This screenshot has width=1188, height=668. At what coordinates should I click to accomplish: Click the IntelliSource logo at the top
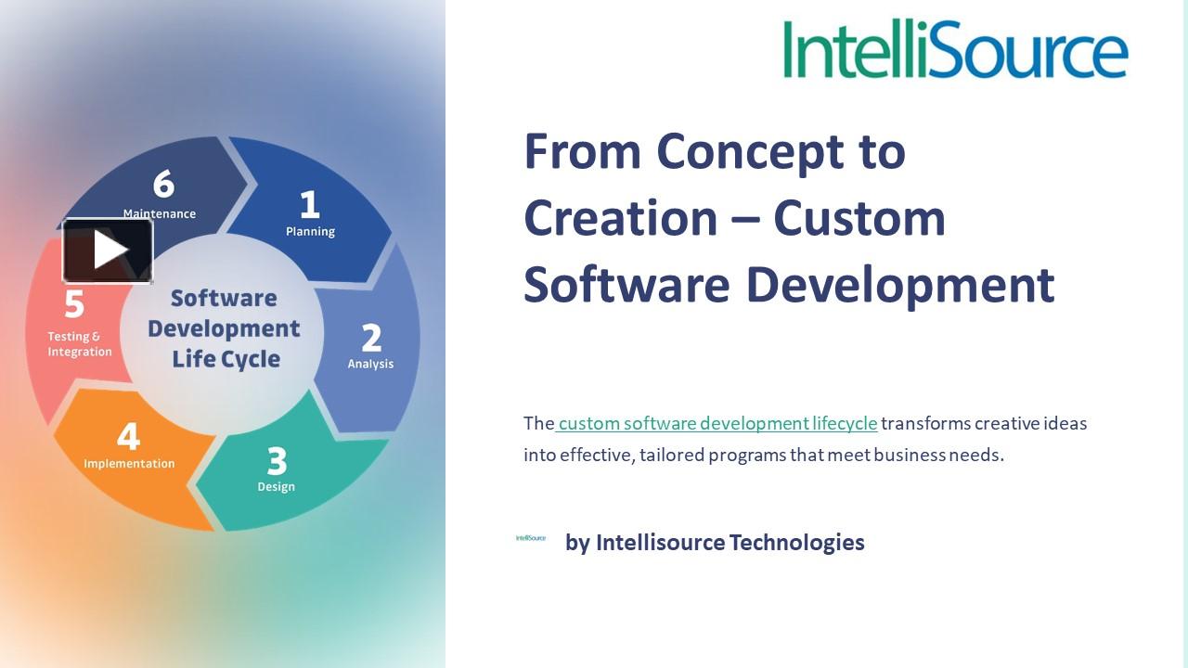click(x=955, y=48)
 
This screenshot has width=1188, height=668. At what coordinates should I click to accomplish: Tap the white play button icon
click(x=109, y=250)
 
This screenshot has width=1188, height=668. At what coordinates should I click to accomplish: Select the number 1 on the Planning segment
click(x=309, y=204)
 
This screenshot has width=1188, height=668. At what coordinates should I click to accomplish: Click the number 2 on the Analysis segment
click(x=371, y=338)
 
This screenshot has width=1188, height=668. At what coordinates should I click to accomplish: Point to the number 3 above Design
click(x=277, y=460)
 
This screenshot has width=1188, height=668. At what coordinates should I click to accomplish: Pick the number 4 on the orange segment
click(x=128, y=436)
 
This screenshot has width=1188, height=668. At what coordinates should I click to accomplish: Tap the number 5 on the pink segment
click(x=74, y=304)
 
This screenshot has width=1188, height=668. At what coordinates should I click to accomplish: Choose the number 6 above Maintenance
click(x=163, y=184)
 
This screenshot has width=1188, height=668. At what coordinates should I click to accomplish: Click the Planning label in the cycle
click(x=310, y=231)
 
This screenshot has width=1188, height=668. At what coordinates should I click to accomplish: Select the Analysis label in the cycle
click(x=370, y=364)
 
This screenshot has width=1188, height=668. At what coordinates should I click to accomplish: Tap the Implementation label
click(x=129, y=463)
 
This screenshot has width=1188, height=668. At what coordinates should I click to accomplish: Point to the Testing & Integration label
click(x=80, y=344)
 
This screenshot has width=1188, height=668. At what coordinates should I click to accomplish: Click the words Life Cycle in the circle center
click(x=226, y=359)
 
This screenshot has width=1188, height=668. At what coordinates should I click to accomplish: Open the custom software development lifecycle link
click(x=717, y=423)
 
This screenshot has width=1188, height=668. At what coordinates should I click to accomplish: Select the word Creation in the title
click(x=620, y=218)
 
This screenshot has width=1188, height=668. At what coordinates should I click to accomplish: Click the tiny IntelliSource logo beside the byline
click(x=531, y=538)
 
